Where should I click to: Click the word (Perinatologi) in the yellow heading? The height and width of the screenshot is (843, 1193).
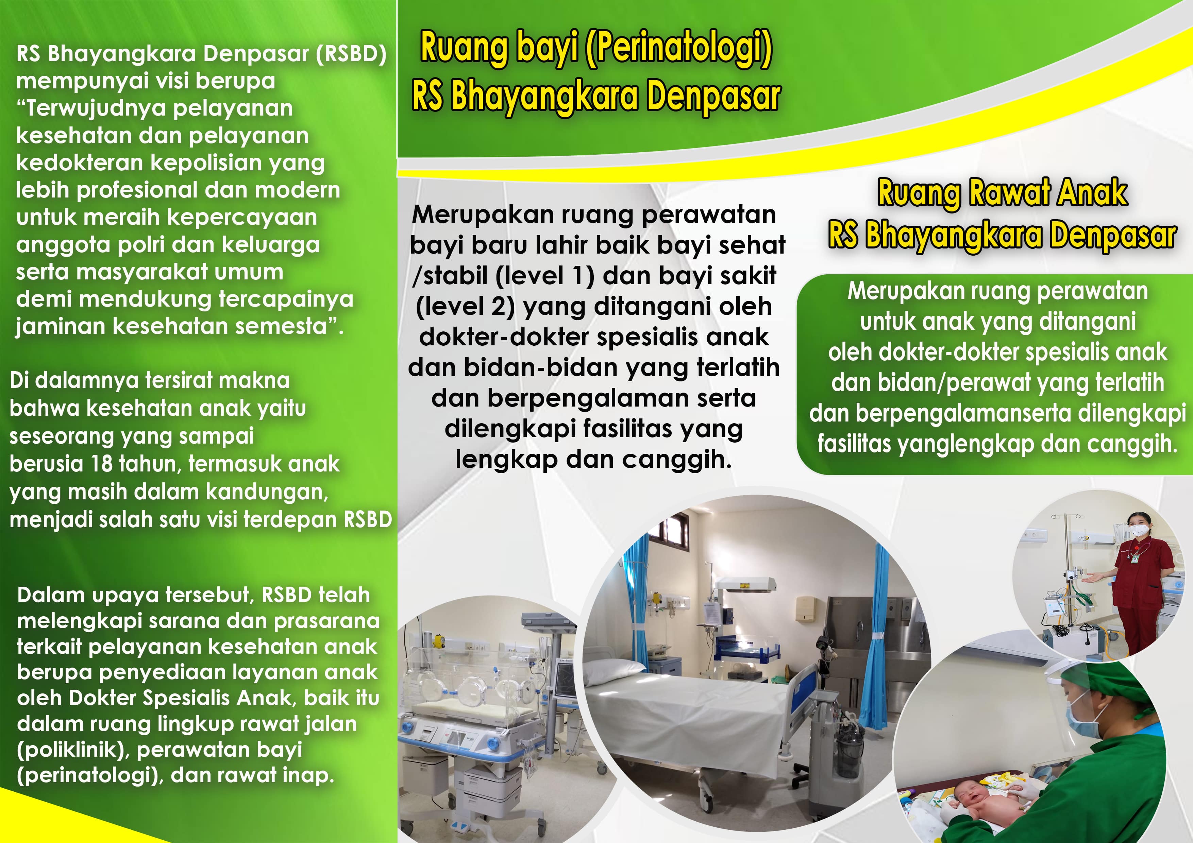point(678,49)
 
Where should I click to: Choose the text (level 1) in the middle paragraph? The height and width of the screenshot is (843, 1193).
point(545,275)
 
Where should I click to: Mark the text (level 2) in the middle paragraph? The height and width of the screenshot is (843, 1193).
point(465,307)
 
